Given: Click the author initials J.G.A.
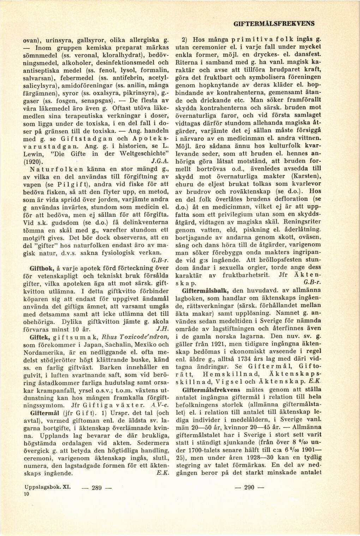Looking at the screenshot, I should click(157, 162).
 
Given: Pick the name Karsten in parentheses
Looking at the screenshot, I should click(298, 176).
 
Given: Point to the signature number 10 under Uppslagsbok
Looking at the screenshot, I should click(26, 495).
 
